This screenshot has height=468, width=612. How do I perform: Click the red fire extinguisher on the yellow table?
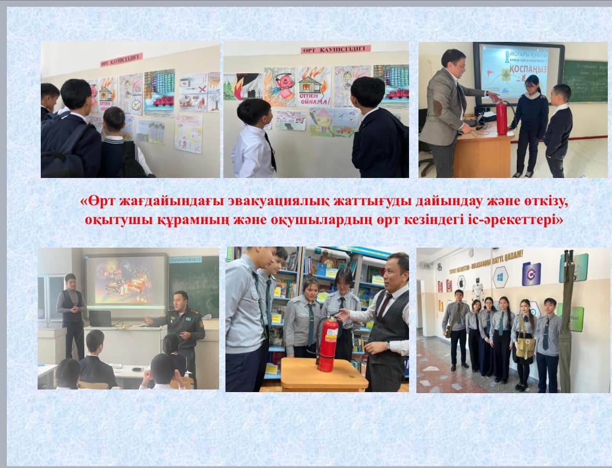(x=328, y=343)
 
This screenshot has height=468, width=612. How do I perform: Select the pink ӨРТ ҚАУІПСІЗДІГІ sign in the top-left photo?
(x=121, y=60)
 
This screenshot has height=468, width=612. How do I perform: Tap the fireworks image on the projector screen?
(x=125, y=282)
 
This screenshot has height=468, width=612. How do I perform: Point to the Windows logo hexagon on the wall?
(x=500, y=276)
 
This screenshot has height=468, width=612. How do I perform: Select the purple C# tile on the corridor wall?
(x=531, y=274)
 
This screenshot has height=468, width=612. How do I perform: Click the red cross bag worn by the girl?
(x=524, y=346)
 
